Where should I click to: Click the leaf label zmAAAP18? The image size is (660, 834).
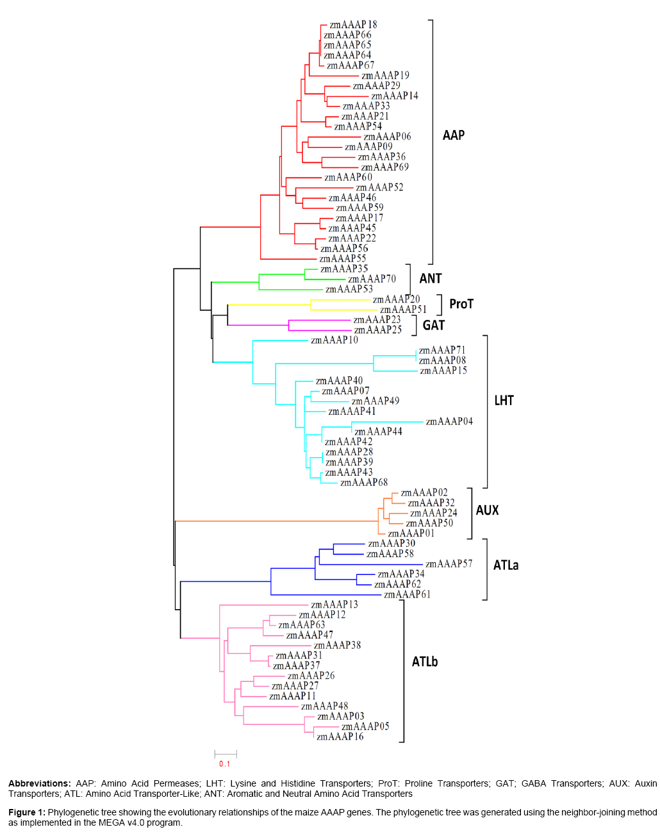pos(353,25)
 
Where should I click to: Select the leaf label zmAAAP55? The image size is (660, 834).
pos(343,259)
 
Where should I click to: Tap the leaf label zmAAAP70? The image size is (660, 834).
pos(372,279)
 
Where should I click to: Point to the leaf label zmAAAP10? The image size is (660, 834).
pos(334,340)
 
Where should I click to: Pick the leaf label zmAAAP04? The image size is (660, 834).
pos(449,422)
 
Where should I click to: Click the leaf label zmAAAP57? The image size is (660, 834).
pos(449,564)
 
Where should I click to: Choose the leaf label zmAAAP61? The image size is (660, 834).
pos(407,595)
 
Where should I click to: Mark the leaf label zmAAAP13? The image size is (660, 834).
pos(334,605)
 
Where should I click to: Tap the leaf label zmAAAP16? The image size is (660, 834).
pos(340,737)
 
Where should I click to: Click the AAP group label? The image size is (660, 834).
pos(454,135)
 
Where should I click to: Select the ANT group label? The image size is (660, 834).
pos(431,278)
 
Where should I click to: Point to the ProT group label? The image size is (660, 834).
pos(461,304)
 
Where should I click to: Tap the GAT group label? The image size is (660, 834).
pos(434,326)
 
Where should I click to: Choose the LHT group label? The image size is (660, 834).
pos(504,401)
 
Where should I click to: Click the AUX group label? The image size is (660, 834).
pos(487,510)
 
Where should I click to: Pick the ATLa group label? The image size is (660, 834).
pos(506,565)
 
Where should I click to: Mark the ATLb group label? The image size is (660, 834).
pos(425,662)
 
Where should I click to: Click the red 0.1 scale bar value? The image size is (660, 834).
pos(224,763)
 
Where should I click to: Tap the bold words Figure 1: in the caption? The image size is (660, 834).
pos(27,812)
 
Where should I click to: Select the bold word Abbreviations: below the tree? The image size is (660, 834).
pos(39,783)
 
